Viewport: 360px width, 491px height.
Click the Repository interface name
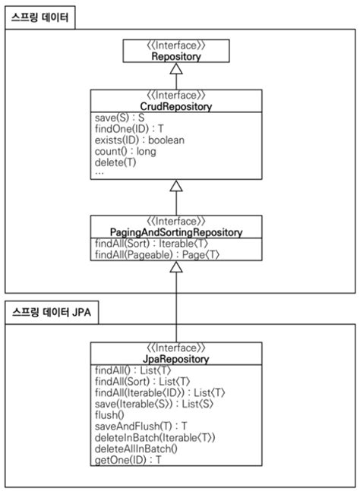click(175, 56)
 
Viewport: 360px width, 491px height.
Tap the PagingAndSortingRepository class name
click(175, 231)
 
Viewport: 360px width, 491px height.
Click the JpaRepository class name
click(175, 358)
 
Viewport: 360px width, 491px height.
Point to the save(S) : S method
click(120, 118)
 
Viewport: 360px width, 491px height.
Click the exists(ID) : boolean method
click(138, 140)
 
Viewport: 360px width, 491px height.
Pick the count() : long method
click(125, 151)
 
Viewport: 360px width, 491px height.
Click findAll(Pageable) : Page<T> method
click(157, 256)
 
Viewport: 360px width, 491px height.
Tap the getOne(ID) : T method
click(128, 460)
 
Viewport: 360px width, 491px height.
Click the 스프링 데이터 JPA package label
click(49, 312)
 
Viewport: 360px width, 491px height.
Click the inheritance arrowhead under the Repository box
click(175, 69)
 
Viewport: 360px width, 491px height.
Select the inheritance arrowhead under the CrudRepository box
click(175, 186)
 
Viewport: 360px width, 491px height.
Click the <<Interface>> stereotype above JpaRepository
click(175, 348)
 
